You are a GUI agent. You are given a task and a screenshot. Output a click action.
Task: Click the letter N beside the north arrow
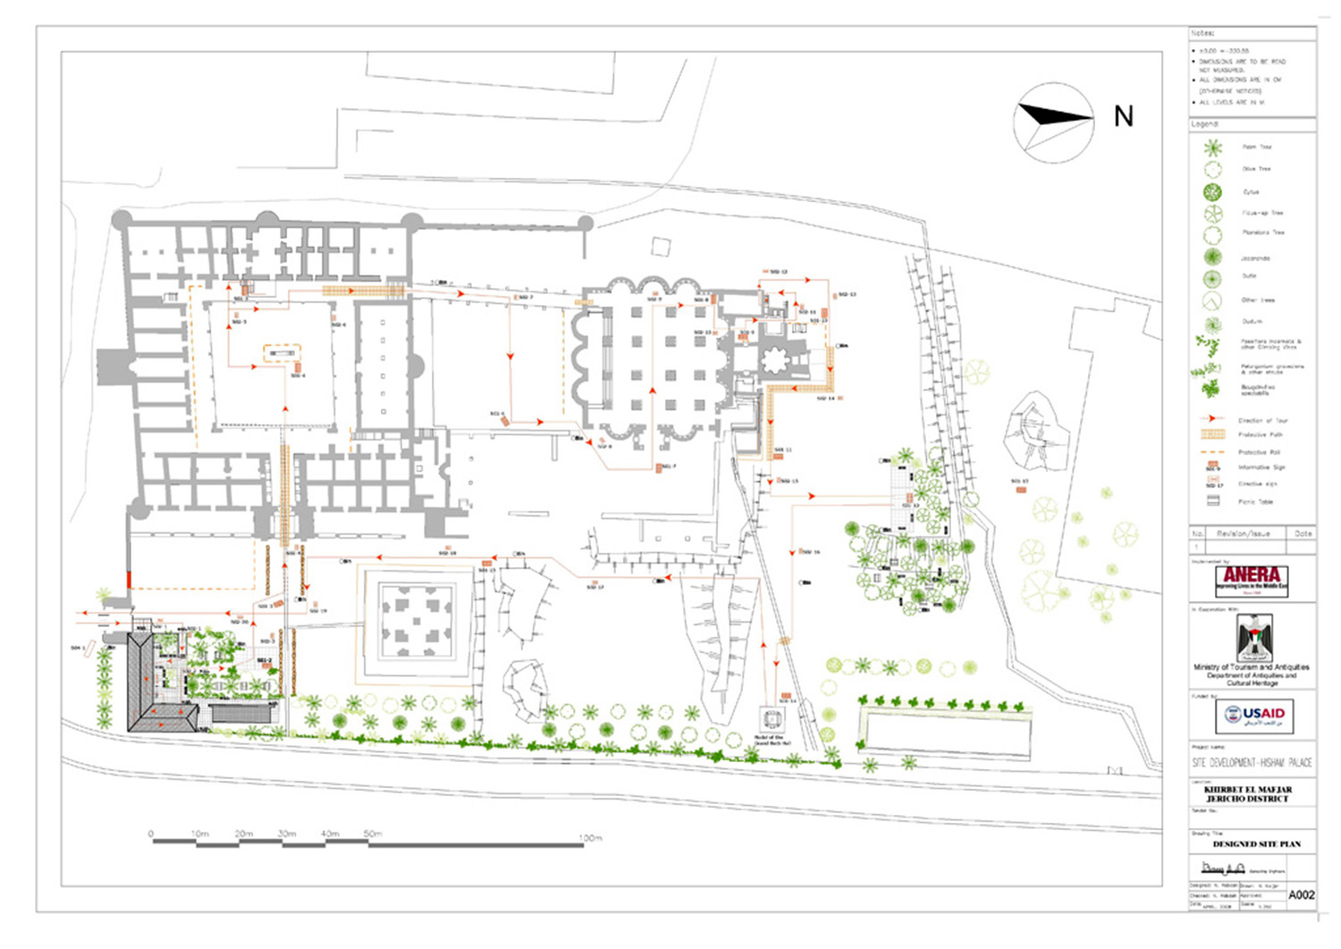click(1123, 116)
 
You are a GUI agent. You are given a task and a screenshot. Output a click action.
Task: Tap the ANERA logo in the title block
click(1252, 580)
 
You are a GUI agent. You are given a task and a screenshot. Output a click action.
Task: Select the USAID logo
click(1253, 716)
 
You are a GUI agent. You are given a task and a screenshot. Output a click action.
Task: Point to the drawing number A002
click(1301, 894)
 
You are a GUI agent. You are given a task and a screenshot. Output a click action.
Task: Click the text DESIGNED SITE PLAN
click(1256, 843)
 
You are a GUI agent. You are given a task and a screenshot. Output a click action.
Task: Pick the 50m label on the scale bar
click(373, 834)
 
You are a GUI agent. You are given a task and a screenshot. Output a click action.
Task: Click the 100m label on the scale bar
click(590, 838)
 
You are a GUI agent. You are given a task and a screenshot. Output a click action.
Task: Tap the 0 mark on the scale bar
click(151, 834)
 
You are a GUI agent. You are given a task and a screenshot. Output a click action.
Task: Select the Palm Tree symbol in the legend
click(1212, 148)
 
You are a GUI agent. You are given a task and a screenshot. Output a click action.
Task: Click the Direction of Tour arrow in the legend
click(1212, 419)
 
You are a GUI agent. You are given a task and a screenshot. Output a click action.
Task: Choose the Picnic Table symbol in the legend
click(1213, 501)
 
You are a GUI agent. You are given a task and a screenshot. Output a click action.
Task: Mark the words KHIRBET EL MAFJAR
click(1247, 789)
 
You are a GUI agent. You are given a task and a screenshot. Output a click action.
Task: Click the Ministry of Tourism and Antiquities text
click(1252, 667)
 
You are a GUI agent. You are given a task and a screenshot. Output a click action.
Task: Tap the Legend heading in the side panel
click(1204, 123)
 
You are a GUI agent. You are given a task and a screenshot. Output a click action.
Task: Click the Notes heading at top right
click(1202, 33)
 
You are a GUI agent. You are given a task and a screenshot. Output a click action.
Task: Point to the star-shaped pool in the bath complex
click(773, 361)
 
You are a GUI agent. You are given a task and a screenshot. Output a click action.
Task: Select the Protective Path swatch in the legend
click(1212, 435)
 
